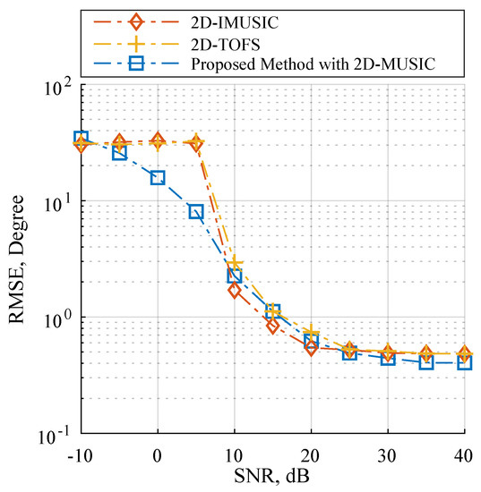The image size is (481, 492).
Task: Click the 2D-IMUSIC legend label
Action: [235, 22]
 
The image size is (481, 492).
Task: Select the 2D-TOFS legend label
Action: [226, 45]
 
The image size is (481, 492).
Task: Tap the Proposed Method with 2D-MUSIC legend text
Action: [314, 64]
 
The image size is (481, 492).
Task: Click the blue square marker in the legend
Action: [136, 64]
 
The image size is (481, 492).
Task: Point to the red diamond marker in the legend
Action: [136, 22]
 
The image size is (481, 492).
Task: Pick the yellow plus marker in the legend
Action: [136, 44]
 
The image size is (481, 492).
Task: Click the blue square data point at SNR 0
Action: [158, 178]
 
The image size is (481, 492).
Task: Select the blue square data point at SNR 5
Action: [196, 212]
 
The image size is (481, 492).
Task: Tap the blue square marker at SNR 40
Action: [465, 363]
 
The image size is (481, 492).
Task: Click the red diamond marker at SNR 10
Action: [235, 291]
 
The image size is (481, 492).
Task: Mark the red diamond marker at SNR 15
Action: [272, 326]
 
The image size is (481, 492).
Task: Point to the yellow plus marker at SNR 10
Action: [235, 264]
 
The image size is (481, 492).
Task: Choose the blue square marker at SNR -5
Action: [119, 153]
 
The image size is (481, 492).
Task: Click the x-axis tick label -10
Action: [80, 455]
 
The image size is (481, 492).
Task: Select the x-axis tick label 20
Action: [311, 455]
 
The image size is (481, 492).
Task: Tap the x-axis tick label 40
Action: [463, 455]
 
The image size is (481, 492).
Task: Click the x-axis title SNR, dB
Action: [272, 476]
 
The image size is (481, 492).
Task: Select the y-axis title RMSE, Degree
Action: [16, 259]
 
